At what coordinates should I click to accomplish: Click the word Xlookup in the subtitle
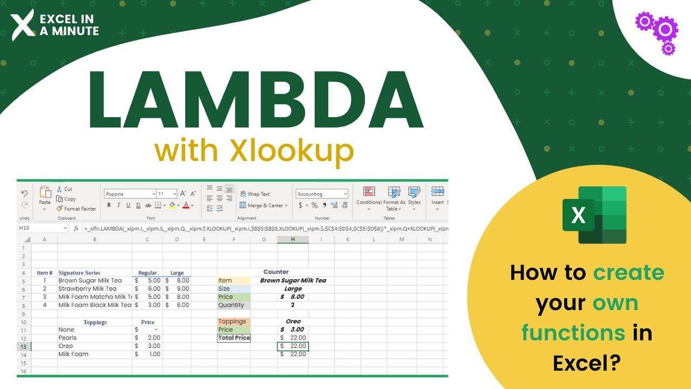(x=291, y=151)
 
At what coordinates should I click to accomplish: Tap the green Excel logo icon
(x=594, y=215)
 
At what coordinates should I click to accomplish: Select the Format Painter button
(x=76, y=209)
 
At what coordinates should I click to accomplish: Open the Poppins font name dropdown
(x=130, y=194)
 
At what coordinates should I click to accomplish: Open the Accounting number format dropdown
(x=322, y=194)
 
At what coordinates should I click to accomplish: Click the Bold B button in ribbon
(x=109, y=205)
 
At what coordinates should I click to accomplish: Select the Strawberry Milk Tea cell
(x=87, y=289)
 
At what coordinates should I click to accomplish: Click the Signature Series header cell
(x=79, y=273)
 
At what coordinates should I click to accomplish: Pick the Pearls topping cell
(x=67, y=338)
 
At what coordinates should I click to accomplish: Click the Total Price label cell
(x=234, y=338)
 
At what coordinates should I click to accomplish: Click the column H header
(x=293, y=239)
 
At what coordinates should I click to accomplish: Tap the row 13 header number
(x=23, y=346)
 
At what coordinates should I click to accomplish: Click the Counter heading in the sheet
(x=276, y=272)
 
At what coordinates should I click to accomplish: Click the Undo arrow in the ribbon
(x=24, y=193)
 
